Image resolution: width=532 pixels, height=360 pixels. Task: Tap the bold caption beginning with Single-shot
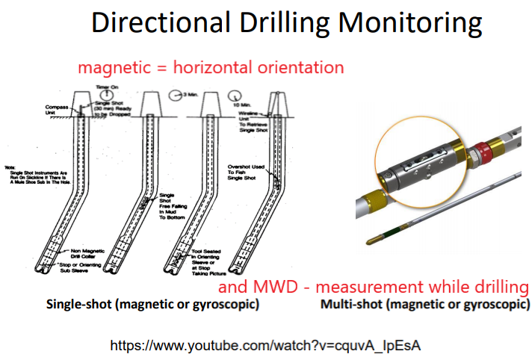tap(152, 305)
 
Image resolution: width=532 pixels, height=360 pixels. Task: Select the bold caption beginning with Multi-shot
tap(425, 305)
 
